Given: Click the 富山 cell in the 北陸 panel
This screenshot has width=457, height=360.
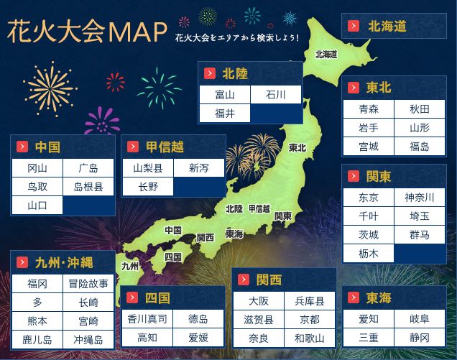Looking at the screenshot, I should [x=225, y=95].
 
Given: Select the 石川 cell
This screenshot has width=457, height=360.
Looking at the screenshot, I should [x=275, y=95].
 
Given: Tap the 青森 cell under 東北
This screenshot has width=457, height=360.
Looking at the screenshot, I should [x=369, y=109].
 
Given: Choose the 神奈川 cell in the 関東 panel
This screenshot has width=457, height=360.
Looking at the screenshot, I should [x=419, y=198].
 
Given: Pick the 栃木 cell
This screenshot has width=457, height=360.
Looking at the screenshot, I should [x=369, y=254].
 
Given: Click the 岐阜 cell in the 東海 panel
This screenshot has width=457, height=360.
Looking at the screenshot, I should [x=419, y=319].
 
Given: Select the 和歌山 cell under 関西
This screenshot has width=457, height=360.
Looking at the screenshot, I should [x=309, y=338].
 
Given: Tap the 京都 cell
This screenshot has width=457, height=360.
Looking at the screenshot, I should [x=309, y=319].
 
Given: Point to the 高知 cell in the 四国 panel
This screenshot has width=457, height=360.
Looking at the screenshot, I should [x=147, y=337].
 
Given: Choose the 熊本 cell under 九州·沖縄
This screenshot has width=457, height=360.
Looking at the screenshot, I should [x=37, y=321].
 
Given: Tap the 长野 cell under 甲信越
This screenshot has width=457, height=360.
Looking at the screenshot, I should [x=147, y=187].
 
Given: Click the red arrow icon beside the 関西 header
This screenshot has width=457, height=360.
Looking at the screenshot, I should [x=244, y=279].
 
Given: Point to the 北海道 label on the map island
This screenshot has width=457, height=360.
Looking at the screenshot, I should [x=326, y=54].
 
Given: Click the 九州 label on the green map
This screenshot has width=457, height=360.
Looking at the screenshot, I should [x=130, y=266].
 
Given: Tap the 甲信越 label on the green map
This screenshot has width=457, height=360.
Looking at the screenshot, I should [x=259, y=208].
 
